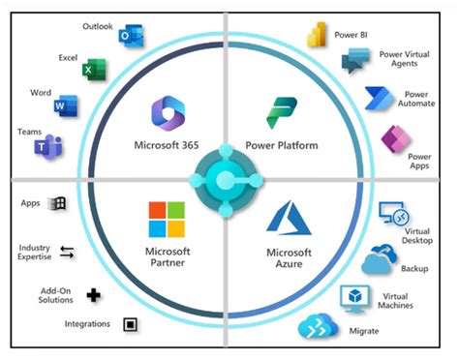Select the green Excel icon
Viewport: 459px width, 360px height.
coord(94,70)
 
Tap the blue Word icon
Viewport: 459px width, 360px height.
coord(66,105)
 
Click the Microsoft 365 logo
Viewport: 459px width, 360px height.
coord(168,113)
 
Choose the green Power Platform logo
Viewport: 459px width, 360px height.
coord(283,113)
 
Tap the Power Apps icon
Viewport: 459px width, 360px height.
coord(396,139)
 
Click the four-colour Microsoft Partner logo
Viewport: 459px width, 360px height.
coord(166,219)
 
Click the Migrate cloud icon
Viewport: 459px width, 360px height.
coord(317,328)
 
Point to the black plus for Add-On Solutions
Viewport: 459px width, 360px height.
coord(93,294)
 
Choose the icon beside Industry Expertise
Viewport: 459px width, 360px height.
coord(67,253)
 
